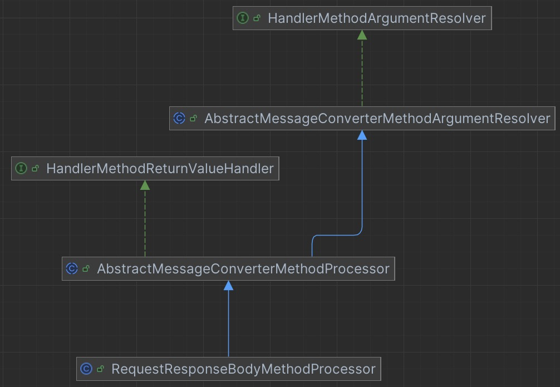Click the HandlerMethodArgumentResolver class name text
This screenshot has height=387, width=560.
[x=376, y=18]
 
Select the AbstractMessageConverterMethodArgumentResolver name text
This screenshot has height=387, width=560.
[x=377, y=119]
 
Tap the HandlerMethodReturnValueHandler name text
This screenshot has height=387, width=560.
[x=160, y=168]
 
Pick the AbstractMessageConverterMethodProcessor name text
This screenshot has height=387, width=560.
[x=243, y=269]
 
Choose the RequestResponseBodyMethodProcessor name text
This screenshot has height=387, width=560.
[x=243, y=369]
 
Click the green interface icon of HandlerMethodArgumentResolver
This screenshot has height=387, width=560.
[x=242, y=18]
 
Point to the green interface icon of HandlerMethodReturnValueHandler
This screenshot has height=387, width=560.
[x=21, y=168]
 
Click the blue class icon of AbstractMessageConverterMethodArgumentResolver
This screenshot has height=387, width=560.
[x=179, y=119]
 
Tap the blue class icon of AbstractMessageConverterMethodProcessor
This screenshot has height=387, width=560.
[x=71, y=269]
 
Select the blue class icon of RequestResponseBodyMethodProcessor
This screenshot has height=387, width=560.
[x=86, y=369]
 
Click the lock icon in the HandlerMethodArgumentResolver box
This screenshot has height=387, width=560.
[x=257, y=18]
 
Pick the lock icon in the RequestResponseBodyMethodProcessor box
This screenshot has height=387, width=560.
[x=101, y=369]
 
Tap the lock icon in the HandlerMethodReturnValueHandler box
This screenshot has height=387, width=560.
[x=36, y=168]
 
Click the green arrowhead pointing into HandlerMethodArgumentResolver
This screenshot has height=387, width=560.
[x=362, y=35]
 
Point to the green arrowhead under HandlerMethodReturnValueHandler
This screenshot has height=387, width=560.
[x=145, y=185]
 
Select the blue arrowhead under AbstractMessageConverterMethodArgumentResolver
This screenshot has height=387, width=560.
[x=362, y=135]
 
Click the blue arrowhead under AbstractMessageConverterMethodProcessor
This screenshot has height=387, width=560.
[x=228, y=286]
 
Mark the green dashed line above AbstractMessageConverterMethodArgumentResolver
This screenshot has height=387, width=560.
[x=362, y=72]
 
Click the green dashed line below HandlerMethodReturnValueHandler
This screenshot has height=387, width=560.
[x=145, y=223]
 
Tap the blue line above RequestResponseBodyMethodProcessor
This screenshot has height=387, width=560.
[x=228, y=323]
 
